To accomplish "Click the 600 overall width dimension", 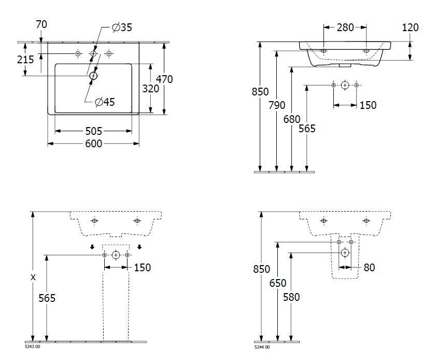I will click(93, 144).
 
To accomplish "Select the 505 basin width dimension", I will click(93, 131).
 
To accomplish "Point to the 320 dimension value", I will click(150, 89).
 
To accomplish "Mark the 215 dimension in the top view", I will click(25, 60).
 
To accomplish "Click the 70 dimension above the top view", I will click(42, 24).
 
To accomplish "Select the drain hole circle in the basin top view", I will click(93, 76).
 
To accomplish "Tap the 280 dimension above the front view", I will click(345, 27).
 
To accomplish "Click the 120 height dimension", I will click(410, 27).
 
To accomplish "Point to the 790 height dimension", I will click(277, 105).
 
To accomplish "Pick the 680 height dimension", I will click(292, 119).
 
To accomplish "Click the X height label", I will click(33, 278).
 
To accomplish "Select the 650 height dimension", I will click(277, 283).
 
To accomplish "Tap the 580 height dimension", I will click(291, 297).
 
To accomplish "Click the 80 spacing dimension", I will click(369, 268).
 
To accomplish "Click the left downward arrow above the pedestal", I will click(92, 247).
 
